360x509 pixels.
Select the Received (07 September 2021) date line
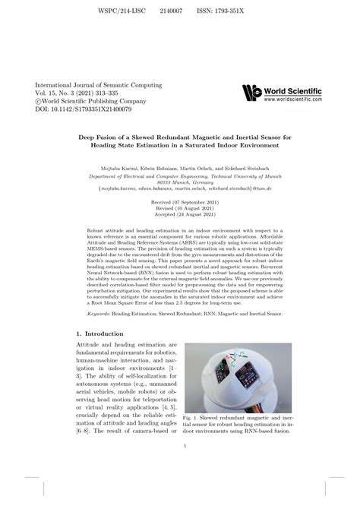(x=179, y=204)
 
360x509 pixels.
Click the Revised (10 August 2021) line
(x=179, y=212)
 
